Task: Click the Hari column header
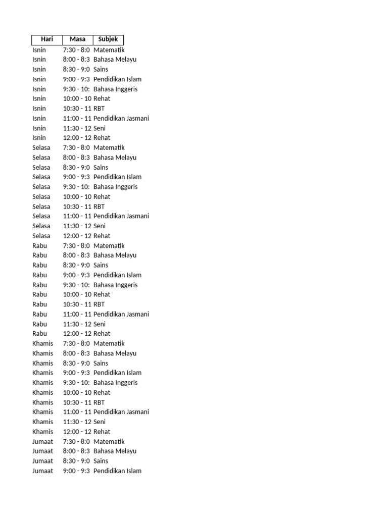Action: [x=47, y=39]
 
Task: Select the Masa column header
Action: [x=78, y=39]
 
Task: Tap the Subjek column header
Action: [x=108, y=39]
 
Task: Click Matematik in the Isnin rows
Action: [x=109, y=50]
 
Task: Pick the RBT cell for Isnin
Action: [x=99, y=109]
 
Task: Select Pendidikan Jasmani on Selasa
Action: [x=121, y=216]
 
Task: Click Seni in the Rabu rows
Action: [x=100, y=324]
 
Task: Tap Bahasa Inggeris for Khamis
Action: [x=115, y=383]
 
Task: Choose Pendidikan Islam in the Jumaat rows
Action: [x=117, y=471]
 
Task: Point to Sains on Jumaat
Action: [x=101, y=461]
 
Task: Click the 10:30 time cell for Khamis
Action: [x=77, y=402]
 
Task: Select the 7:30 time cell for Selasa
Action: [x=76, y=148]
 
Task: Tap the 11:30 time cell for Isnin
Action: [x=77, y=128]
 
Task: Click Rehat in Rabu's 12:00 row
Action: [x=102, y=334]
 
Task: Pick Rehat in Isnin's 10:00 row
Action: [x=102, y=99]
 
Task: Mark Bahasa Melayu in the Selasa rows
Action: [x=115, y=158]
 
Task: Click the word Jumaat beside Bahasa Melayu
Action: [x=42, y=451]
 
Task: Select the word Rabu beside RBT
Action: [x=39, y=304]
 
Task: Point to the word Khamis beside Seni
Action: [x=42, y=422]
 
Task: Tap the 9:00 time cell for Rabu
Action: [x=76, y=275]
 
